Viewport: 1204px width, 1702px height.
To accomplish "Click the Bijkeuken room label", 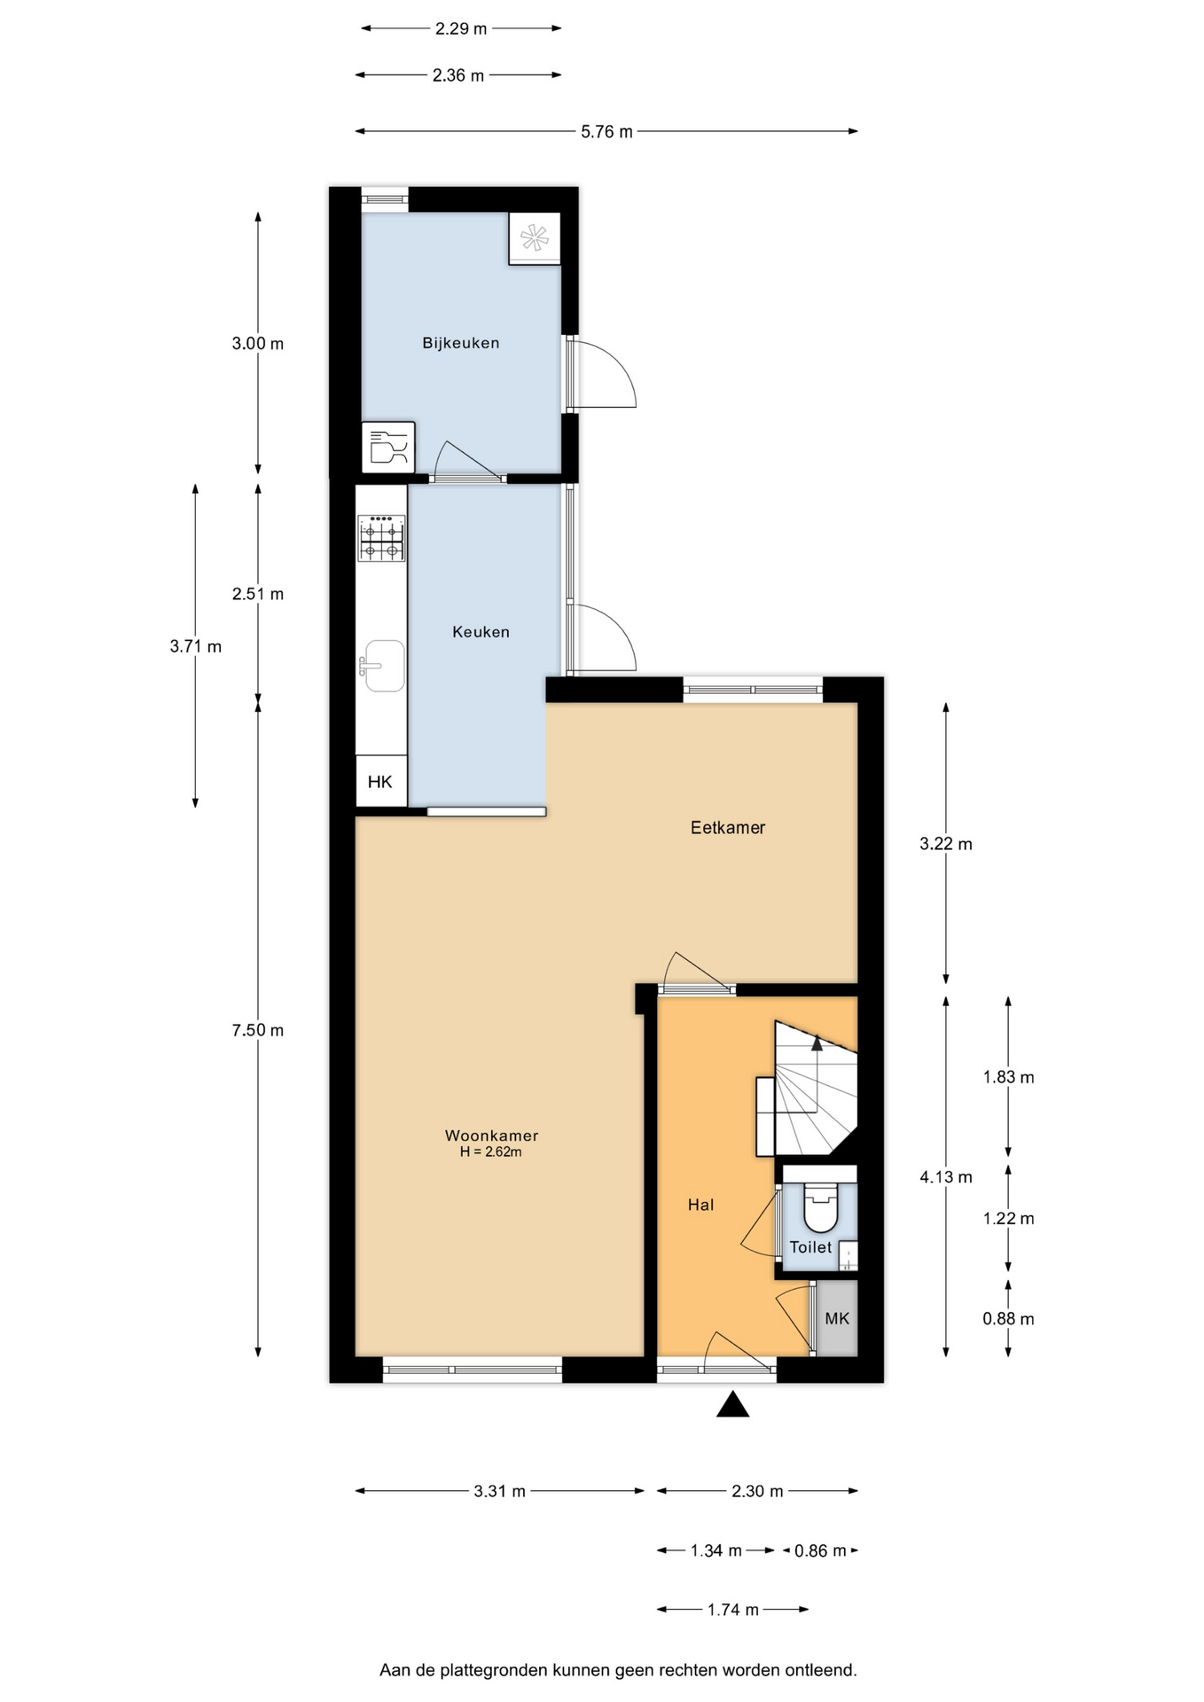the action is tap(460, 343).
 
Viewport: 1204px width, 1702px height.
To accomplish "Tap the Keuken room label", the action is tap(481, 632).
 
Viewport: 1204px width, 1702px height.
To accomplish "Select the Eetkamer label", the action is tap(727, 827).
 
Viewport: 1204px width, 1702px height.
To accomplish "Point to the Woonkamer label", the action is tap(491, 1136).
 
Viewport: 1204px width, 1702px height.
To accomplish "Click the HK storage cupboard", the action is tap(381, 781).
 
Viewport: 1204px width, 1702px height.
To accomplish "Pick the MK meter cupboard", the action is tap(837, 1318).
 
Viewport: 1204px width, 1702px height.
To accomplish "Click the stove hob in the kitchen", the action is tap(381, 538).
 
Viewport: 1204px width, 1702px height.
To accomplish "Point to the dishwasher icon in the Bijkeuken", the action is tap(388, 447).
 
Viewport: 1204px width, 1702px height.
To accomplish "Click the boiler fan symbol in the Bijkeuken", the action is tap(535, 238).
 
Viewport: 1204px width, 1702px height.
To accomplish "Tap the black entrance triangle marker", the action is tap(732, 1404).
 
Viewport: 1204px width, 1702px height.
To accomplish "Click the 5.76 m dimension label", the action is tap(606, 132).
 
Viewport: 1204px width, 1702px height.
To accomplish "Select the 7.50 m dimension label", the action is tap(258, 1030).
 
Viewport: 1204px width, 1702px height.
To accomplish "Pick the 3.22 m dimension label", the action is tap(946, 844).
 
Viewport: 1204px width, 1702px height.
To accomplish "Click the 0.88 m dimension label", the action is tap(1008, 1319).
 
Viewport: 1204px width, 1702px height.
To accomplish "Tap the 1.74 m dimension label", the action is tap(732, 1610).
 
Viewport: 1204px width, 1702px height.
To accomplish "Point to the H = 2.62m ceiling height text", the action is tap(490, 1152).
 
